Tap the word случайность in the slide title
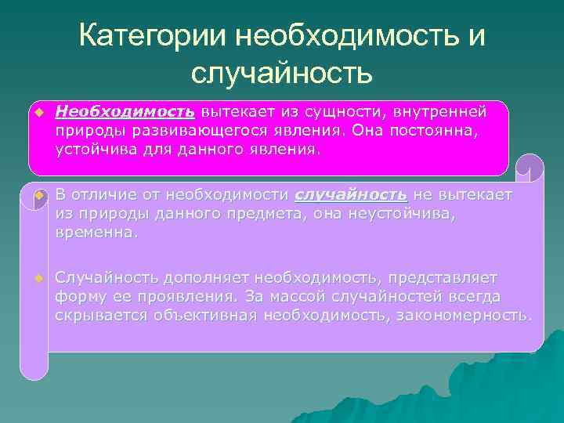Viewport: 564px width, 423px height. click(x=281, y=74)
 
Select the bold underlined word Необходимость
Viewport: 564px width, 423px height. click(x=125, y=112)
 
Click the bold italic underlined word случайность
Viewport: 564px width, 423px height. click(x=350, y=194)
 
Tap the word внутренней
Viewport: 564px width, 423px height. click(x=443, y=112)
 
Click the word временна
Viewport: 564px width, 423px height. click(x=96, y=233)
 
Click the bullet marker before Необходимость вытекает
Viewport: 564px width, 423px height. click(x=38, y=112)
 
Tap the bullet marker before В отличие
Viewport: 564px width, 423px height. click(x=38, y=195)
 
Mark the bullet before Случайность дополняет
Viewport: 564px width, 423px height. click(x=38, y=278)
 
